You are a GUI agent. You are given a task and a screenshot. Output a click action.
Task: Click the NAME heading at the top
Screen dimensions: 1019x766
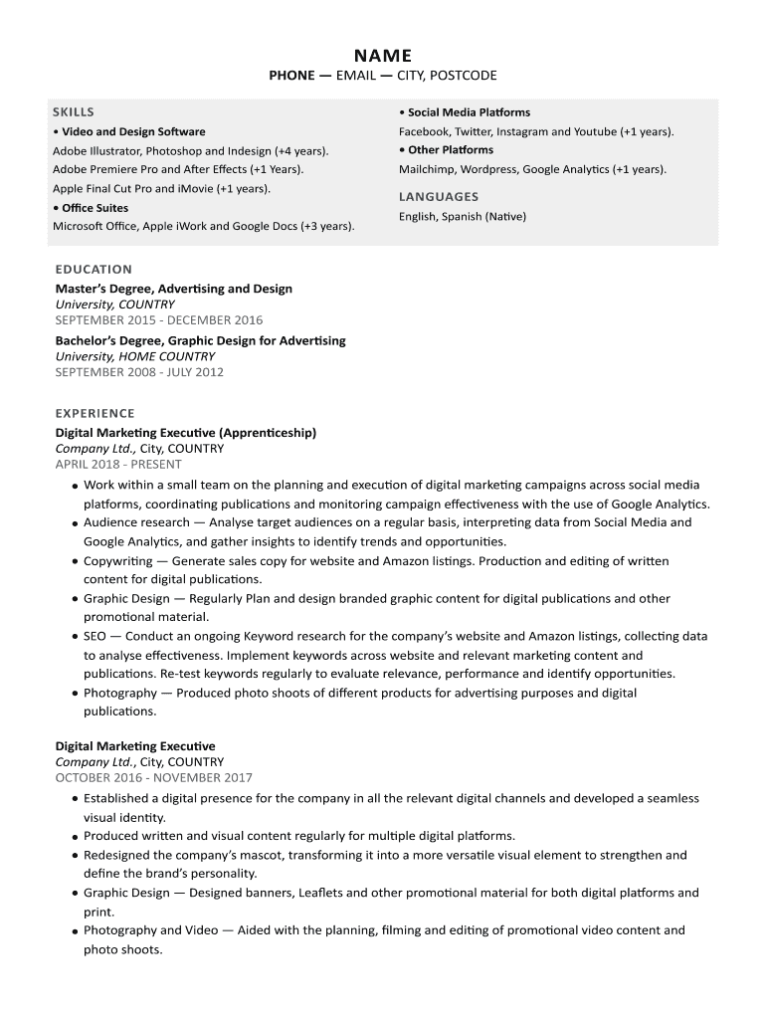coord(383,56)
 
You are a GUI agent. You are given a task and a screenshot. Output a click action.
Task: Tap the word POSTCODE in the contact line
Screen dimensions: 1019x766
coord(463,76)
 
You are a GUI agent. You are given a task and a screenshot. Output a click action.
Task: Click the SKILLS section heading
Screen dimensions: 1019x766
coord(74,112)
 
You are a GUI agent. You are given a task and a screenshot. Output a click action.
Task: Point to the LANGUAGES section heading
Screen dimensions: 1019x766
coord(439,197)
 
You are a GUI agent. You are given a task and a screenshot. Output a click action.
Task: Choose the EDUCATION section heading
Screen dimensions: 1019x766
coord(94,269)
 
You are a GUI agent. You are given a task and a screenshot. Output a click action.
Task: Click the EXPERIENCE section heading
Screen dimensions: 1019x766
coord(95,413)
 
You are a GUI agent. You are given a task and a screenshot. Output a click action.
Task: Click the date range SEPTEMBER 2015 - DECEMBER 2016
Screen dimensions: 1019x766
coord(159,320)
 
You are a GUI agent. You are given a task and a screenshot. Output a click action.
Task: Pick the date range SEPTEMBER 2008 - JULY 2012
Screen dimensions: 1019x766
coord(139,372)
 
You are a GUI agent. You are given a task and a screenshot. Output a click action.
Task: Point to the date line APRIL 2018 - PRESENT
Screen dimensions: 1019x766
coord(118,464)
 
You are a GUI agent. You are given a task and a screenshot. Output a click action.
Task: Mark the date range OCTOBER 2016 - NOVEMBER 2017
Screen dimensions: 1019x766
coord(154,778)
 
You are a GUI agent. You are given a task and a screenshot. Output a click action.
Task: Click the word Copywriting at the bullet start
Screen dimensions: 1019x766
coord(118,560)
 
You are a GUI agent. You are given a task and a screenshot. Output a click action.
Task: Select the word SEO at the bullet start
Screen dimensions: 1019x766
coord(96,636)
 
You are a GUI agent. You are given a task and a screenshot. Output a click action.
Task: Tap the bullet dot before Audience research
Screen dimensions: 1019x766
coord(76,523)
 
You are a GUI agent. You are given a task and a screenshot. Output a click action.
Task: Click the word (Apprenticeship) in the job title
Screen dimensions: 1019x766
coord(268,433)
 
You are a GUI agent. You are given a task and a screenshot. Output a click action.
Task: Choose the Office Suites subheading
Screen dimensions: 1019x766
coord(95,208)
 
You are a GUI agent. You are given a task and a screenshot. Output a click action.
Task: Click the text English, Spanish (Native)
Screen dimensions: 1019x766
coord(463,216)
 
